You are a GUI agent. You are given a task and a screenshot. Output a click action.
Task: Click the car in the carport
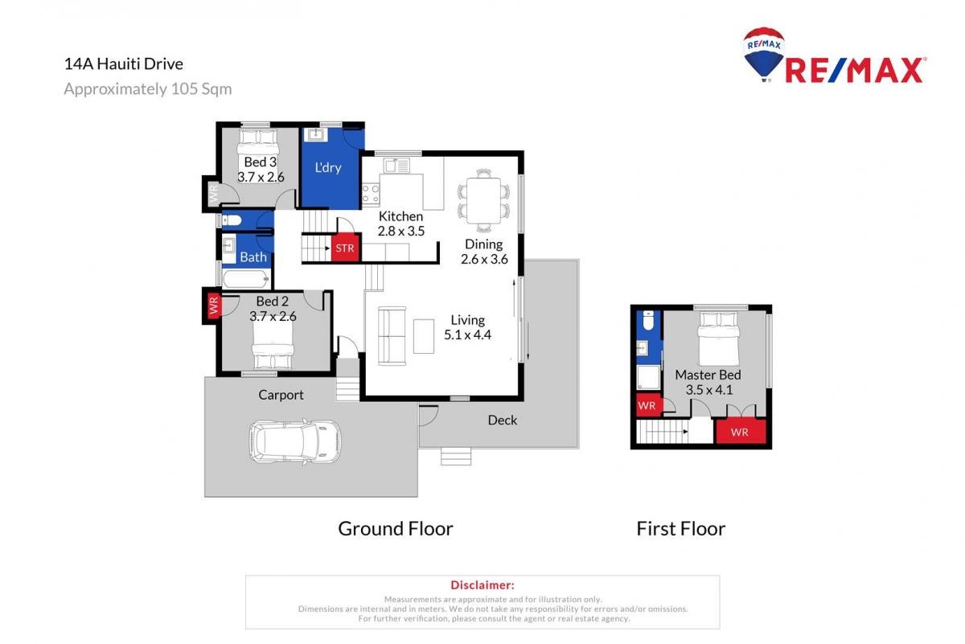coord(296,441)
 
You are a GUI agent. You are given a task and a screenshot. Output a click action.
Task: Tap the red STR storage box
coord(345,248)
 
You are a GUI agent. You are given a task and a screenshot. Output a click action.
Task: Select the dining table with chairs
coord(483,200)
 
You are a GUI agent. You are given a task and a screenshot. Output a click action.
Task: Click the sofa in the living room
coord(392,336)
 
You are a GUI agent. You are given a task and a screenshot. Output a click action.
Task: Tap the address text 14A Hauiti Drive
coord(124,64)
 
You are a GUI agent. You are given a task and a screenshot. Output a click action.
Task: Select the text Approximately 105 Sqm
coord(148,88)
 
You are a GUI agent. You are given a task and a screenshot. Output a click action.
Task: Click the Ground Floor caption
coord(396,528)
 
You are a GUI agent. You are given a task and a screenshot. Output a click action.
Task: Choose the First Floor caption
coord(680,528)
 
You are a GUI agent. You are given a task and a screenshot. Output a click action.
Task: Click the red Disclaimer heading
coord(482,585)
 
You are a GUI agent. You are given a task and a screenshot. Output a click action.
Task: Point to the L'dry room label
coord(328,167)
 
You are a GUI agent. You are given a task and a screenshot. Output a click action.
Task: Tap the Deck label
coord(503,420)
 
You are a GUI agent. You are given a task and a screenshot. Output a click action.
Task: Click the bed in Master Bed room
coord(719,338)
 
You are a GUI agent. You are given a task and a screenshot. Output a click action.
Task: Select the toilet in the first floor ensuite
coord(648,320)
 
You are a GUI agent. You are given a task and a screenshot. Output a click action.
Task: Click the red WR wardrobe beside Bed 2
coord(214,306)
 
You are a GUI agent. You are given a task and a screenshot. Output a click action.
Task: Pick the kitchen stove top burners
coord(371,194)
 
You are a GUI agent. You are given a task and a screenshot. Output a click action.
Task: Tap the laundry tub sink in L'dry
coord(315,134)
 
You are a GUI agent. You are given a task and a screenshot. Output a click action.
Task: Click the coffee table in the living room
coord(424,336)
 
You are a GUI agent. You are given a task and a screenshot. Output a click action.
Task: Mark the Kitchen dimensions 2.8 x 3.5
coord(401,231)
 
